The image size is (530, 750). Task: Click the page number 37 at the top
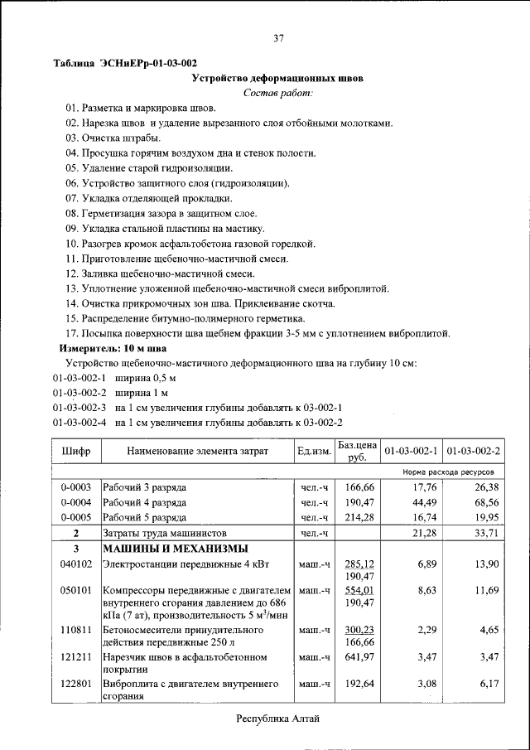[279, 37]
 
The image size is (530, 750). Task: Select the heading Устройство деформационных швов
[277, 79]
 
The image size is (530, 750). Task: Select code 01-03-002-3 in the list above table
[80, 408]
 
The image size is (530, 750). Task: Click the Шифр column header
[76, 451]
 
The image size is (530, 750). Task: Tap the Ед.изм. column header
[314, 451]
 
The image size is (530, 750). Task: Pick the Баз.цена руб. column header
[357, 451]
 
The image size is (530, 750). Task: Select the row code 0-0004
[76, 502]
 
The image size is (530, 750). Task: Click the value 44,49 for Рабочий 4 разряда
[423, 502]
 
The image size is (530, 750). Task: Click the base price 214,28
[359, 517]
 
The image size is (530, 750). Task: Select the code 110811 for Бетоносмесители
[76, 630]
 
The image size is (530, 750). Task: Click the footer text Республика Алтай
[277, 718]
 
